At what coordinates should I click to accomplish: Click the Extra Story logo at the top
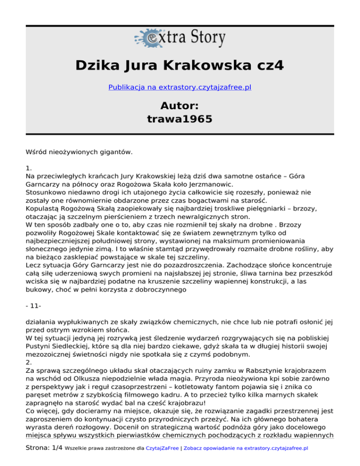[180, 37]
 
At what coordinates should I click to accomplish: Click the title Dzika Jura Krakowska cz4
[180, 65]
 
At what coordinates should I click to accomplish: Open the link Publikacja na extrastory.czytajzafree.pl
[180, 87]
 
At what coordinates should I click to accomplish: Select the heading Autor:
[180, 105]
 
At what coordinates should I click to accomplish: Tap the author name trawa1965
[180, 120]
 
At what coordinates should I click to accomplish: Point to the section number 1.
[29, 167]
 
